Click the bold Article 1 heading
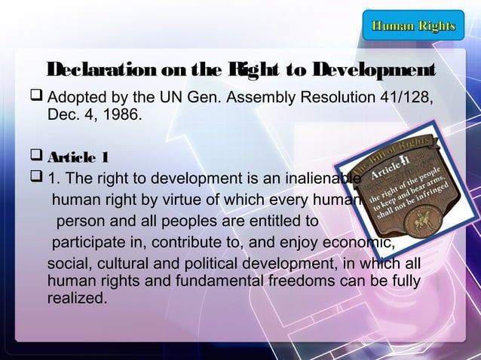(78, 157)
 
